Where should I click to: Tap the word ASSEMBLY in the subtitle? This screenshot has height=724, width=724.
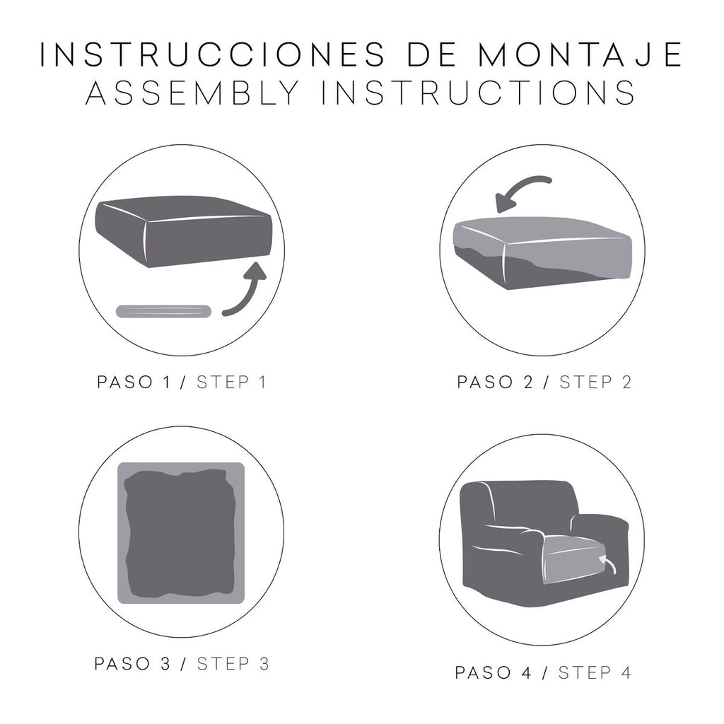tap(191, 93)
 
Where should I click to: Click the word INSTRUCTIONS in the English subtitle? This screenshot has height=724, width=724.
tap(479, 93)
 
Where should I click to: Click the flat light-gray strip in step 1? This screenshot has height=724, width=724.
tap(163, 311)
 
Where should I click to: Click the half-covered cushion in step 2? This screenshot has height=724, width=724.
tap(540, 252)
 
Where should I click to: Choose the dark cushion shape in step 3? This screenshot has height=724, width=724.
tap(180, 532)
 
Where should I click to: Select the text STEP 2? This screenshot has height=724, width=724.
tap(595, 383)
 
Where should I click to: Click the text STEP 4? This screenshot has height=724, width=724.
tap(595, 672)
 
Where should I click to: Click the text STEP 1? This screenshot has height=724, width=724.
tap(231, 383)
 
